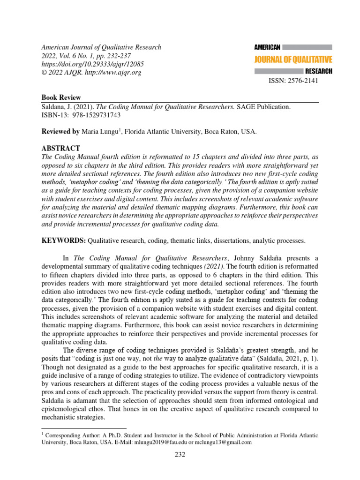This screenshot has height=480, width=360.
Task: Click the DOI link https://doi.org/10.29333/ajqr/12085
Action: click(93, 64)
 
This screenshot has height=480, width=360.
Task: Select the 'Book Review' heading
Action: click(61, 98)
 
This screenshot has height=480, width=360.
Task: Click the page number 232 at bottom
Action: click(180, 454)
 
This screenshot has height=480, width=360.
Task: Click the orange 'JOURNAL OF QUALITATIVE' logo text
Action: click(293, 60)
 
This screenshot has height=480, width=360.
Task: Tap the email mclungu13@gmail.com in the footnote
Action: click(225, 442)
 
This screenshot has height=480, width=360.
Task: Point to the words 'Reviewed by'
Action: click(60, 132)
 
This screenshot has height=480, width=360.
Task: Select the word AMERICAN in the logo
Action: click(267, 47)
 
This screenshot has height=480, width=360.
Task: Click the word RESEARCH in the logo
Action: click(318, 71)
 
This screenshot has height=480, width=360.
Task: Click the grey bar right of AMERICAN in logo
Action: click(307, 47)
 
